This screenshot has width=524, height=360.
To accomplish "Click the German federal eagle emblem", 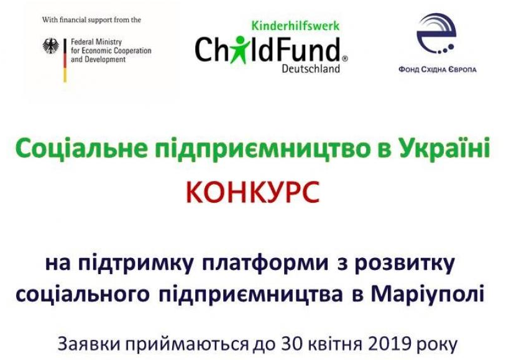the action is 51,46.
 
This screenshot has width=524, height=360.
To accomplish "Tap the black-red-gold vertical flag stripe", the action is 65,60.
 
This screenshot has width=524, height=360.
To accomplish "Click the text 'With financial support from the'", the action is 91,20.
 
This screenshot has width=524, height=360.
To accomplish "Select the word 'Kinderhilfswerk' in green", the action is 295,25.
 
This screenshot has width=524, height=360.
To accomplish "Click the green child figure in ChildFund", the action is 239,50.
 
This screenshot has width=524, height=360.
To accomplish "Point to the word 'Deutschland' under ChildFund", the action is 311,69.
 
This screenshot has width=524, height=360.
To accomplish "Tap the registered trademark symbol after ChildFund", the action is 345,58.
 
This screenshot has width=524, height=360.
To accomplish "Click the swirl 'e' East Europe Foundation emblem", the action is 436,34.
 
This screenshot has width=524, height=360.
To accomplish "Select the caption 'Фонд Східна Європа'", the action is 438,70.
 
